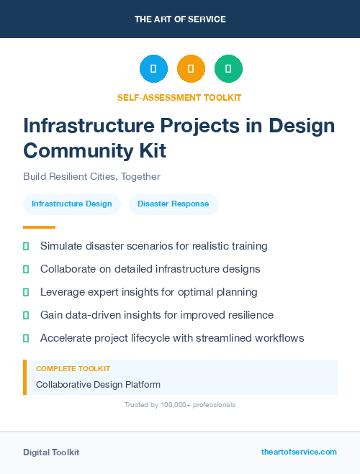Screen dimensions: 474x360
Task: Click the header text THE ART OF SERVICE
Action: click(x=180, y=19)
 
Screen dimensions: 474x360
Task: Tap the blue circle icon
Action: click(x=153, y=69)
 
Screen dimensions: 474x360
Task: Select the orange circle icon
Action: click(x=191, y=69)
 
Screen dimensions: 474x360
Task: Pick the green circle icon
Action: click(x=228, y=69)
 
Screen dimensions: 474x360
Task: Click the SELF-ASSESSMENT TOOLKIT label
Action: click(x=180, y=97)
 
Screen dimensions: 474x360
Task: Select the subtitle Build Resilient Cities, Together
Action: click(x=91, y=176)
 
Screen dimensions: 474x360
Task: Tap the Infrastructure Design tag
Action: click(x=72, y=204)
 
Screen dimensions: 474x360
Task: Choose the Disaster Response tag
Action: click(x=174, y=204)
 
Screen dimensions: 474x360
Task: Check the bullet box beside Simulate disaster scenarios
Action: click(x=26, y=246)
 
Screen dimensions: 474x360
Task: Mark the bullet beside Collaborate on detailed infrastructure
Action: click(x=26, y=269)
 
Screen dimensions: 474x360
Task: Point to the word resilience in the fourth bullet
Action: click(x=248, y=315)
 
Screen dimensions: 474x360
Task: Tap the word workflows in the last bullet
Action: click(x=278, y=338)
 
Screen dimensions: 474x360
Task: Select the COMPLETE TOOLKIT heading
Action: click(x=69, y=368)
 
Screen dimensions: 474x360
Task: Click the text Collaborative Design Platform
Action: click(x=98, y=385)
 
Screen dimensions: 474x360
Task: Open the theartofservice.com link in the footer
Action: click(x=299, y=452)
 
